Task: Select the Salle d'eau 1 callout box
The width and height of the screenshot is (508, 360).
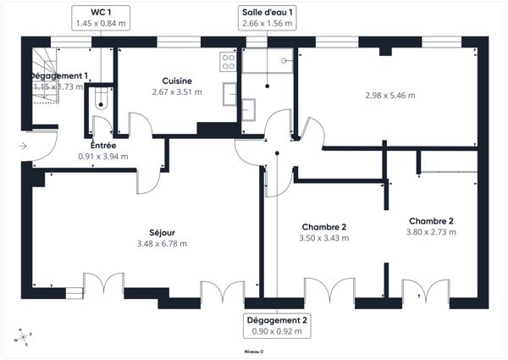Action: point(267,18)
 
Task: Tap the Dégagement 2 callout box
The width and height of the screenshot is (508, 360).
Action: point(277,325)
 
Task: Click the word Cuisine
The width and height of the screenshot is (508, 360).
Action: point(178,80)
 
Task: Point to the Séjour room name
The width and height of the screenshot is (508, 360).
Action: point(162,232)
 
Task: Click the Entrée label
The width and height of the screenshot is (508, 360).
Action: point(103,146)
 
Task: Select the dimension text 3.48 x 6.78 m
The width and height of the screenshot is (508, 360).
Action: point(162,244)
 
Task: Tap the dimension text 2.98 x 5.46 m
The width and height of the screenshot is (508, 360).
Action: point(389,95)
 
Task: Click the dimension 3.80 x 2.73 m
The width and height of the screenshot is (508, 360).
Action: point(431,232)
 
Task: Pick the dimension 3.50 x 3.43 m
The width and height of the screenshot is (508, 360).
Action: point(324,238)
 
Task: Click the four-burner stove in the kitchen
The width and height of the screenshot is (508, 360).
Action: point(227,60)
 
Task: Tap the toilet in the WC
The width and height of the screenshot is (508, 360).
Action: point(102,99)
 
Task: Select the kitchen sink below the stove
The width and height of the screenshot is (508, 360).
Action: point(229,92)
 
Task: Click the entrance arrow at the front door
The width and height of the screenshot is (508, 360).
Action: point(22,147)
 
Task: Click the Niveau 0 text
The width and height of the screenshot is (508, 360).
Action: point(254,351)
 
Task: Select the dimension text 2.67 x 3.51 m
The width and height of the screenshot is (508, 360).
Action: point(178,91)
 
